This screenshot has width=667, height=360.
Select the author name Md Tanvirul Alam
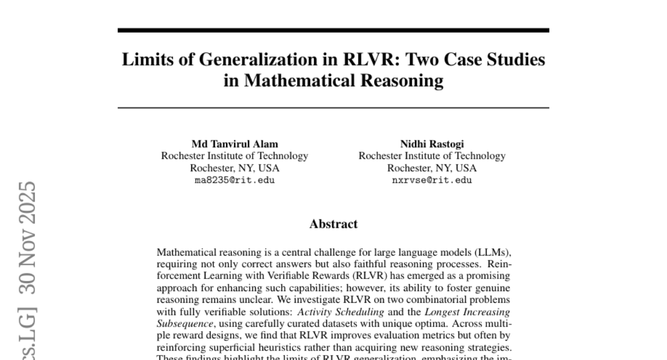click(x=235, y=144)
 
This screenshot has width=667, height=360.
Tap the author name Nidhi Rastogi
click(x=432, y=144)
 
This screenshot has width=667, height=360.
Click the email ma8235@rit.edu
click(x=235, y=181)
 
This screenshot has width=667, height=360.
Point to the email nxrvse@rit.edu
click(x=432, y=181)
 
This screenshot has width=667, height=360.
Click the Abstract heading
click(x=333, y=224)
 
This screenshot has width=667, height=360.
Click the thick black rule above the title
click(x=333, y=30)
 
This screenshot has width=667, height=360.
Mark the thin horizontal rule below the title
click(x=333, y=107)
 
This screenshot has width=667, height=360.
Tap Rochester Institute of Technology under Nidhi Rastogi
click(x=432, y=156)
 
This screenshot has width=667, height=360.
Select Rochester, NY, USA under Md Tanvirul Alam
click(x=235, y=168)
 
